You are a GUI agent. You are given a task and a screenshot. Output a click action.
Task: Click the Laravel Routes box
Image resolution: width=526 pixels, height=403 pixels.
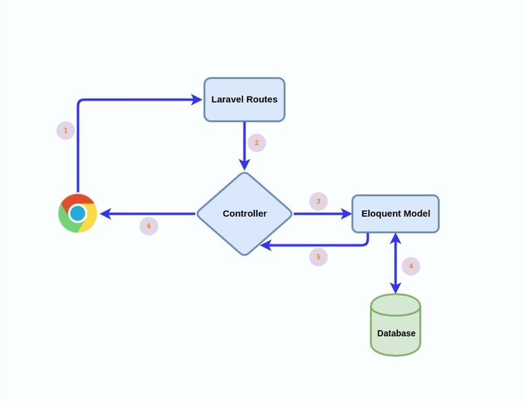244,99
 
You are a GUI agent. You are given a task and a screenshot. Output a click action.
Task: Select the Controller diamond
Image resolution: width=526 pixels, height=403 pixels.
244,214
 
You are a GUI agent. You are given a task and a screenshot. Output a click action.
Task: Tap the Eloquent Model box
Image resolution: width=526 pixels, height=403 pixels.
395,214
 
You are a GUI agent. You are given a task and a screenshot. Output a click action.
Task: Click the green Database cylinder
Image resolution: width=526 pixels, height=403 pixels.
395,325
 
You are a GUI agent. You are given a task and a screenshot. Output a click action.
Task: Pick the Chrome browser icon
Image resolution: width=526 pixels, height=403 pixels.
77,214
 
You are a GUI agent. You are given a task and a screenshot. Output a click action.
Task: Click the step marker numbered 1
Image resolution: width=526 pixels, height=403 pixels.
66,131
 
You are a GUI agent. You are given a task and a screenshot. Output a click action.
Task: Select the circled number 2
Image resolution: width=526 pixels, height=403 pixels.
257,143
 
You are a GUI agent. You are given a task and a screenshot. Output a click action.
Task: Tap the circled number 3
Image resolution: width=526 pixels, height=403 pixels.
319,201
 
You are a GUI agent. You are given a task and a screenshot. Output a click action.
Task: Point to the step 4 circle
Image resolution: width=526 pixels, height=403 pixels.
411,267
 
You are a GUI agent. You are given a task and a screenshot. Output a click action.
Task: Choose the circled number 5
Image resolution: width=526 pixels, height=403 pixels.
319,257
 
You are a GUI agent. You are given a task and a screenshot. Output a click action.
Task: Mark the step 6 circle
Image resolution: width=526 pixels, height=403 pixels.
149,226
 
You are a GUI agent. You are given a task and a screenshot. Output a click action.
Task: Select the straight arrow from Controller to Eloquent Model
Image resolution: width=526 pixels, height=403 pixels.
322,214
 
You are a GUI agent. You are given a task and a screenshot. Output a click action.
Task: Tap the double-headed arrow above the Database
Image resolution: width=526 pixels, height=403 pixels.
395,263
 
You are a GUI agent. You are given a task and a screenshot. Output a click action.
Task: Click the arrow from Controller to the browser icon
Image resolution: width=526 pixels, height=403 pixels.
149,214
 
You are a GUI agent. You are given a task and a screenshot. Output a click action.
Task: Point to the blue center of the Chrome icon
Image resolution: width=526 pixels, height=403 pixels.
77,214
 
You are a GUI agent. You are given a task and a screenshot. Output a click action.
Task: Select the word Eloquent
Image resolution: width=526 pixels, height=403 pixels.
381,214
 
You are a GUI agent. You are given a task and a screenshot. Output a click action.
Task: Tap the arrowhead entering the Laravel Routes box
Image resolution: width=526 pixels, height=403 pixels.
196,99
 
